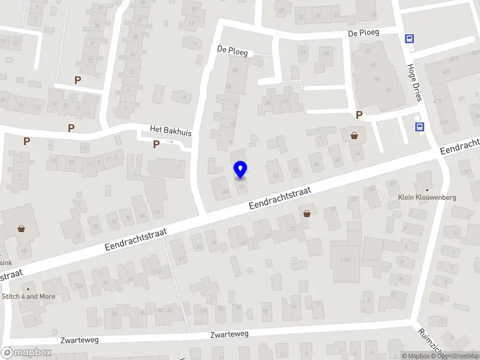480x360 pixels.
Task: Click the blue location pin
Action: [x=241, y=170]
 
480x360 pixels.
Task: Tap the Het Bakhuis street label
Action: [x=170, y=130]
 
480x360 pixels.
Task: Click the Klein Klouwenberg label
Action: [x=427, y=197]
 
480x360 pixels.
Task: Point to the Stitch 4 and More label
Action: [x=29, y=296]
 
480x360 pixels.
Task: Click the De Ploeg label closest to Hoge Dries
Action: [x=364, y=32]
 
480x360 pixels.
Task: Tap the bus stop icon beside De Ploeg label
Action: [x=410, y=39]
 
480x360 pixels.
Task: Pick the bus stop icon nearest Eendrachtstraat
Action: [x=419, y=127]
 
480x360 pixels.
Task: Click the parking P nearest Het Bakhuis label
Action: [x=156, y=143]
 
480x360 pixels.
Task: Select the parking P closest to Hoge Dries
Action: [x=359, y=115]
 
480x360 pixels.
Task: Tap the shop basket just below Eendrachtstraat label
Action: [x=307, y=213]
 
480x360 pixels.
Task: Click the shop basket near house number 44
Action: [x=354, y=136]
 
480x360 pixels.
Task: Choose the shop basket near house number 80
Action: [x=22, y=228]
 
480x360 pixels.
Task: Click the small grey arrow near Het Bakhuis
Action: [x=170, y=142]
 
